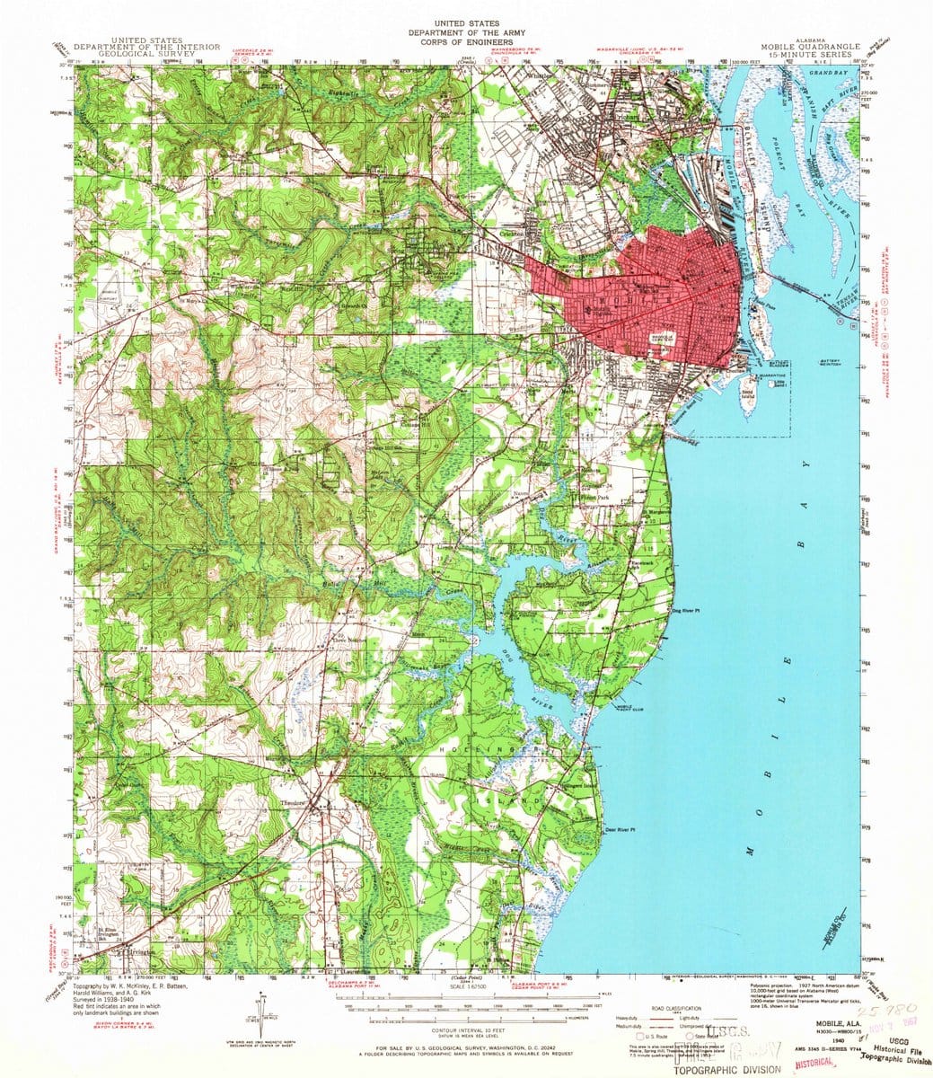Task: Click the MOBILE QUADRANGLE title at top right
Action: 808,48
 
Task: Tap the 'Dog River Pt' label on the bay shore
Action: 686,611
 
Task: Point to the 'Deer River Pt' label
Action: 621,829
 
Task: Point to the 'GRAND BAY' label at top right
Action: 829,71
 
